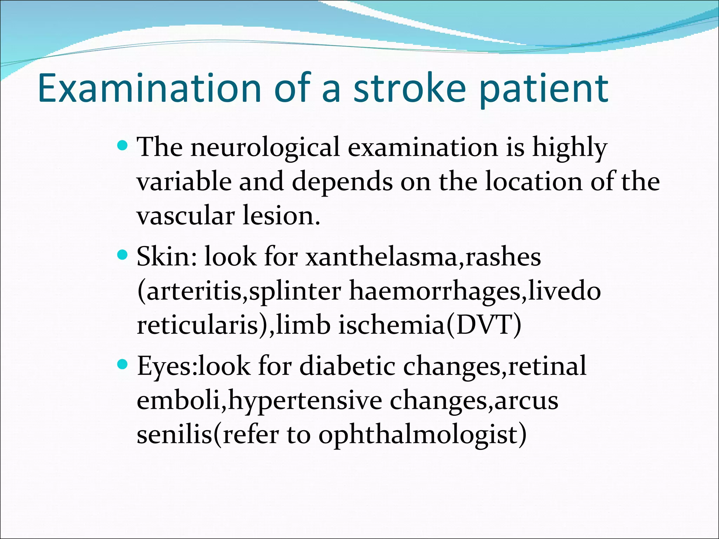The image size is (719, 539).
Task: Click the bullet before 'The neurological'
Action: (x=122, y=145)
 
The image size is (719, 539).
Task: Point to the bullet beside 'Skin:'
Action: (x=122, y=255)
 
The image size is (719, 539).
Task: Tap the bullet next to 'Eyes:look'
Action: (x=122, y=365)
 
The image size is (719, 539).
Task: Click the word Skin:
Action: (x=167, y=257)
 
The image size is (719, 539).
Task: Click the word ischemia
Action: (x=391, y=325)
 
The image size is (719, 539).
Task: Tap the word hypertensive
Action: (x=305, y=401)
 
